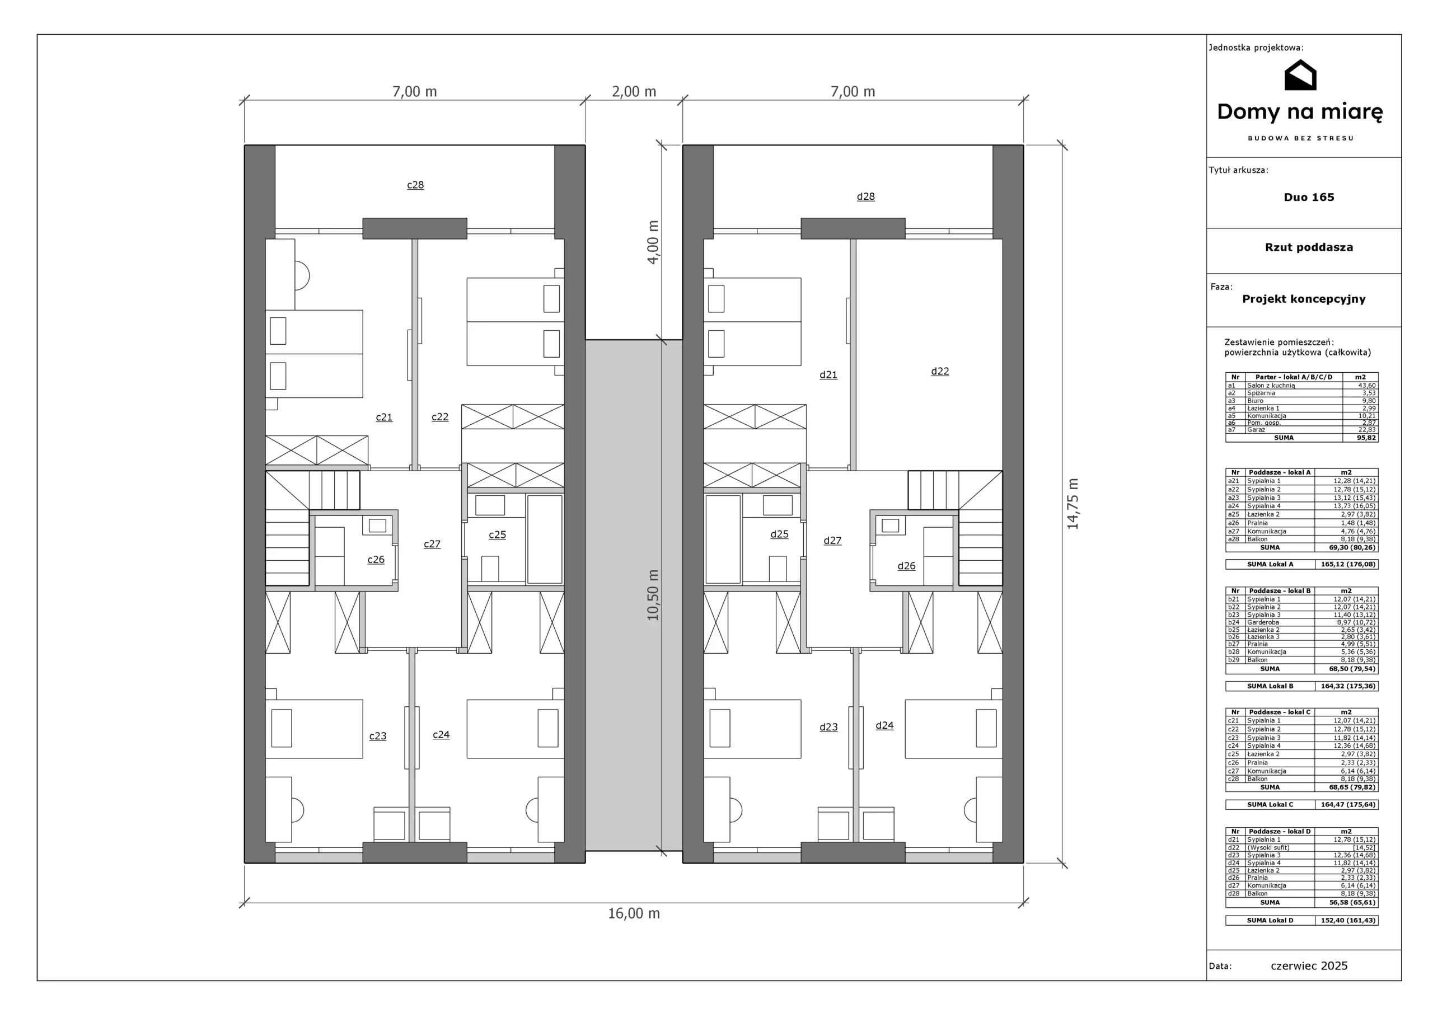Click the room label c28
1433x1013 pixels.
[x=415, y=185]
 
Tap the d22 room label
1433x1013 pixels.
[x=940, y=372]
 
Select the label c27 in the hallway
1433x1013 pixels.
[x=432, y=544]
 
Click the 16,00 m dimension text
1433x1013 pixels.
[x=634, y=913]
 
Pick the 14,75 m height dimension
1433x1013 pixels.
[x=1073, y=504]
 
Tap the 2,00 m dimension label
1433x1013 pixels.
[x=634, y=92]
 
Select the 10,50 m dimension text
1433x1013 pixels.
[x=653, y=595]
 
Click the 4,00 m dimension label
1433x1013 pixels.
[x=653, y=242]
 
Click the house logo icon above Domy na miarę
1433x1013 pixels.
[x=1300, y=75]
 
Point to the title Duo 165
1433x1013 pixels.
[x=1309, y=197]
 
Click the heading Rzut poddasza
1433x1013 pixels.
[x=1309, y=247]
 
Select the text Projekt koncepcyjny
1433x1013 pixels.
[x=1303, y=299]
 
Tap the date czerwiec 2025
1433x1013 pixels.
[x=1309, y=966]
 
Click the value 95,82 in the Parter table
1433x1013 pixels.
[x=1366, y=438]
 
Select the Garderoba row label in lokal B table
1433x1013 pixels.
[x=1263, y=622]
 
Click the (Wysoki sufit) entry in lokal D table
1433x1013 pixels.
[x=1268, y=847]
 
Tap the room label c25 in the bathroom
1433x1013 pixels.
[x=497, y=535]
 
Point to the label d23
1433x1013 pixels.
[x=828, y=727]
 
